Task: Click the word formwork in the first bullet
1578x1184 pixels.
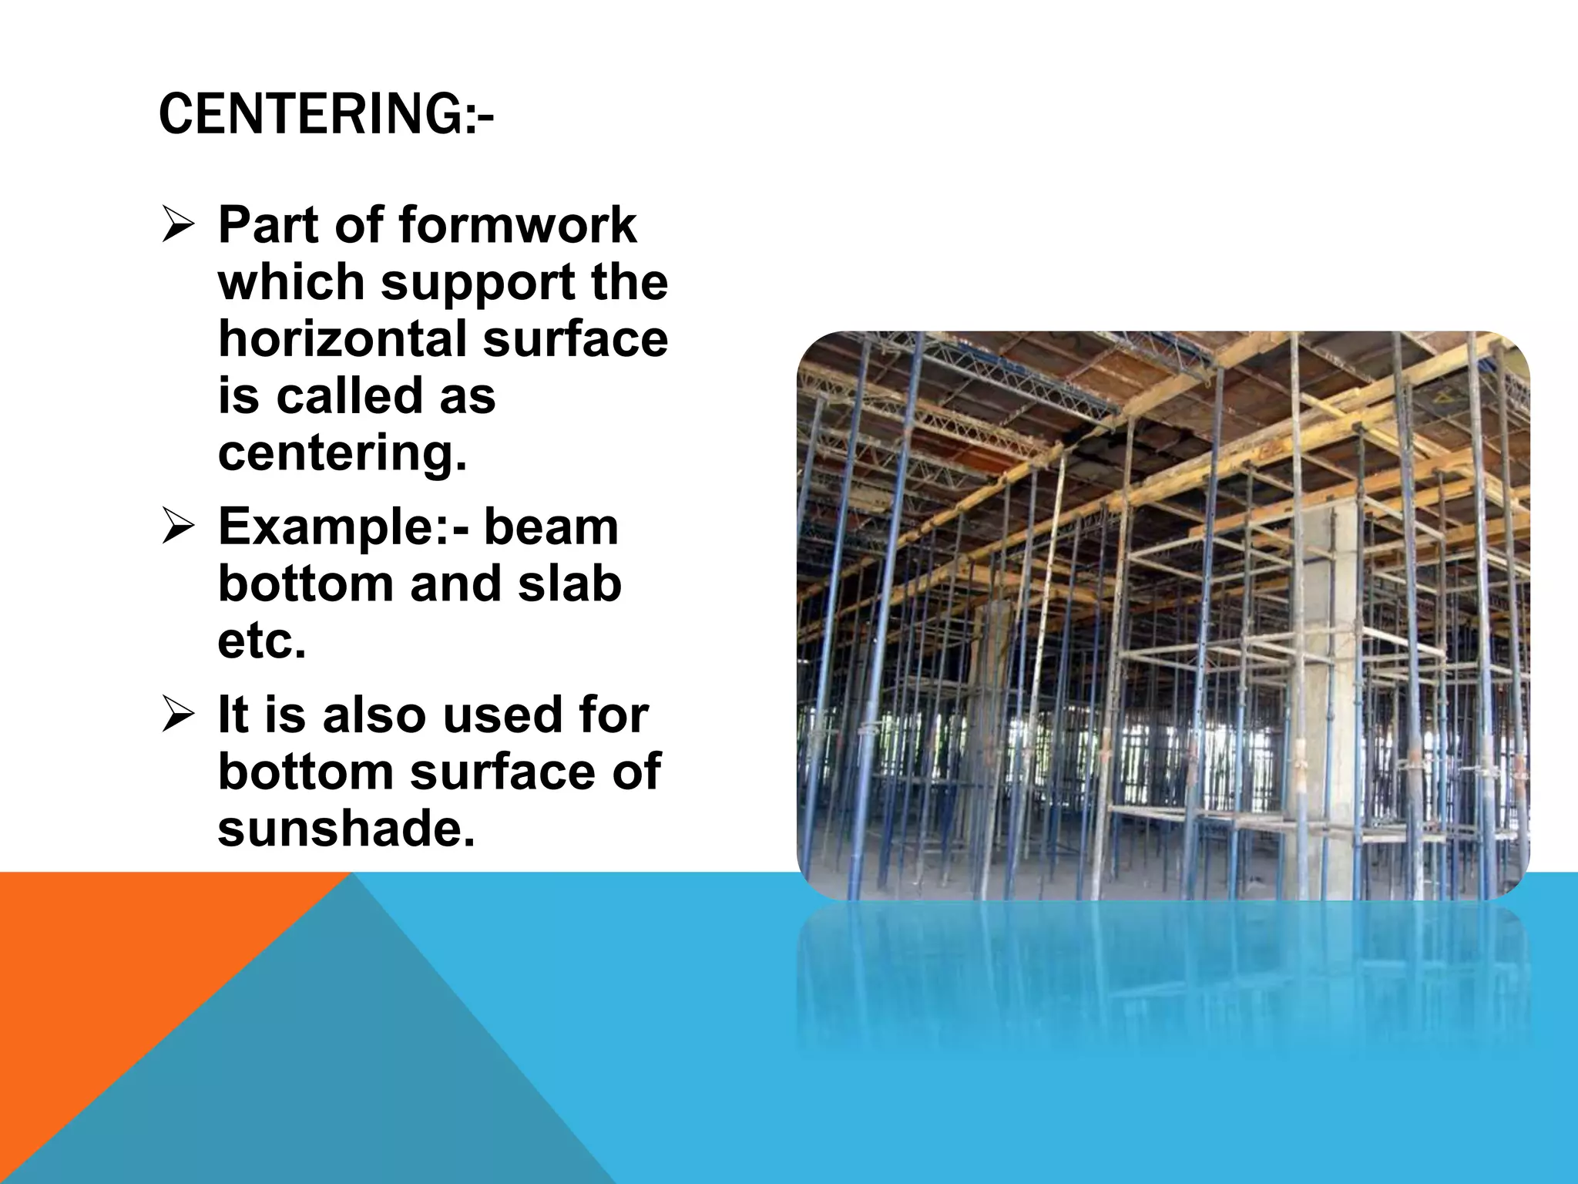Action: point(517,225)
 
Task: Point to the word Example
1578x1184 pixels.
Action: point(335,528)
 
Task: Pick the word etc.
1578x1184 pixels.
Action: point(261,641)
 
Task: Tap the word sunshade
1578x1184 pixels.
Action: point(346,829)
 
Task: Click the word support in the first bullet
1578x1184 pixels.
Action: point(478,283)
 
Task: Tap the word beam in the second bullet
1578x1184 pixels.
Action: point(551,528)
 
